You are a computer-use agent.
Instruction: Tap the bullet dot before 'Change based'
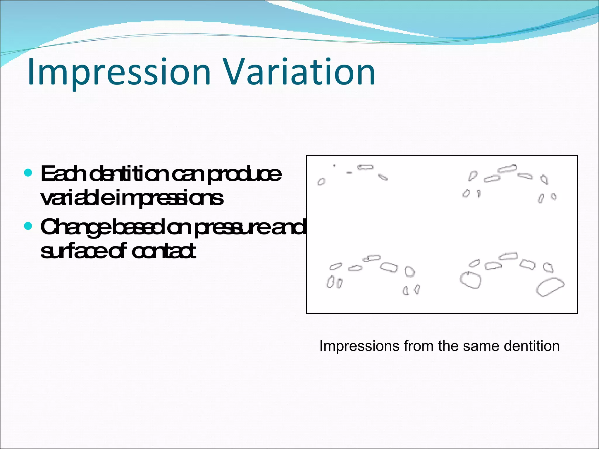(28, 226)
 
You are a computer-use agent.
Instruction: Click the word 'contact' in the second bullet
(164, 251)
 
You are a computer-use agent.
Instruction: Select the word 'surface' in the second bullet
(73, 251)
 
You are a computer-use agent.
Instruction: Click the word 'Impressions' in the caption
(359, 346)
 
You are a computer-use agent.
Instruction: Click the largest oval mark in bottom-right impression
(550, 287)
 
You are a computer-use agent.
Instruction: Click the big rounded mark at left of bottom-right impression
(471, 280)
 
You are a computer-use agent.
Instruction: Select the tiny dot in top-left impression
(334, 166)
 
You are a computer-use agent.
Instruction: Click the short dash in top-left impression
(349, 173)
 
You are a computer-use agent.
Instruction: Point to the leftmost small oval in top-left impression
(321, 182)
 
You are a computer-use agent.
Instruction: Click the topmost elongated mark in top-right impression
(507, 169)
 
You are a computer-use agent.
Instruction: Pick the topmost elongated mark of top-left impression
(366, 167)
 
